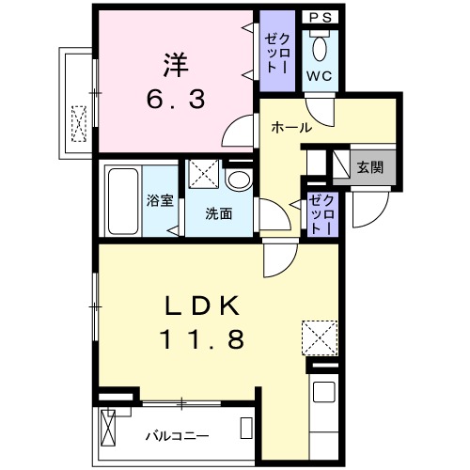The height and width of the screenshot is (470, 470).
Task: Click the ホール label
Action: point(291,128)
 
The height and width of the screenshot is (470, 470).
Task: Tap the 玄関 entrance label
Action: point(369,167)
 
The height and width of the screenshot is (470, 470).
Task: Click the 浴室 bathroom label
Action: point(159,200)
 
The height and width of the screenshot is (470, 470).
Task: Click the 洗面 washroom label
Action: point(219,213)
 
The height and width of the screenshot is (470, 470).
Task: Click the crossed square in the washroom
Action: point(203,176)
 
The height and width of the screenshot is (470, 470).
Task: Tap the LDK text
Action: point(204,305)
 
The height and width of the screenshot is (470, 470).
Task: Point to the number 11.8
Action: point(204,338)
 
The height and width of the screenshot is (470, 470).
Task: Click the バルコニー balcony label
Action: point(176,435)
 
